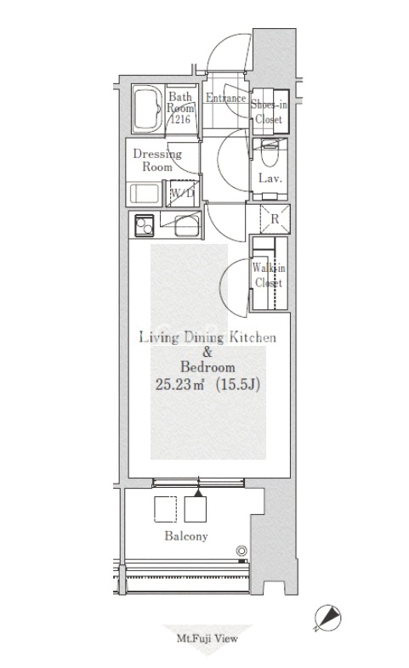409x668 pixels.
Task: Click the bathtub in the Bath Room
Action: (x=147, y=110)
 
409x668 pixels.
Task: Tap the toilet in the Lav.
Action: (x=269, y=154)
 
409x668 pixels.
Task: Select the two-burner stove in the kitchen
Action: (x=144, y=224)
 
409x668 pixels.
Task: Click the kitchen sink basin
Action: (x=186, y=225)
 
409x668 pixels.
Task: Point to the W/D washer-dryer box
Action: (x=182, y=193)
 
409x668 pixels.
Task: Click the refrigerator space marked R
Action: (x=275, y=219)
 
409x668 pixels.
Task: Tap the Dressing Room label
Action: (x=157, y=160)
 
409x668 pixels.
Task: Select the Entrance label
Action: (x=226, y=98)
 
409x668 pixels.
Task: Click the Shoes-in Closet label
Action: (x=269, y=111)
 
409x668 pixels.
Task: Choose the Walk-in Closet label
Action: (x=269, y=275)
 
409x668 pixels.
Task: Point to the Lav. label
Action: (x=270, y=178)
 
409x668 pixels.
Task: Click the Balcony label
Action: (x=186, y=536)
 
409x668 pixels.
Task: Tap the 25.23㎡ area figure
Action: (x=179, y=385)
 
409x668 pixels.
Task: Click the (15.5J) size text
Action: (x=238, y=385)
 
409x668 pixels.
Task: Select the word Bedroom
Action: (x=207, y=367)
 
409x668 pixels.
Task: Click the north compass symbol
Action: (x=328, y=617)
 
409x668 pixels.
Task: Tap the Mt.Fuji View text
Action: (x=207, y=638)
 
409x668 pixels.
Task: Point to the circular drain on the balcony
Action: (x=241, y=551)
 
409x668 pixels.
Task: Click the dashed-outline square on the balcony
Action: (x=165, y=509)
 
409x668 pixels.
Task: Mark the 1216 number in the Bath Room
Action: (x=179, y=119)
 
